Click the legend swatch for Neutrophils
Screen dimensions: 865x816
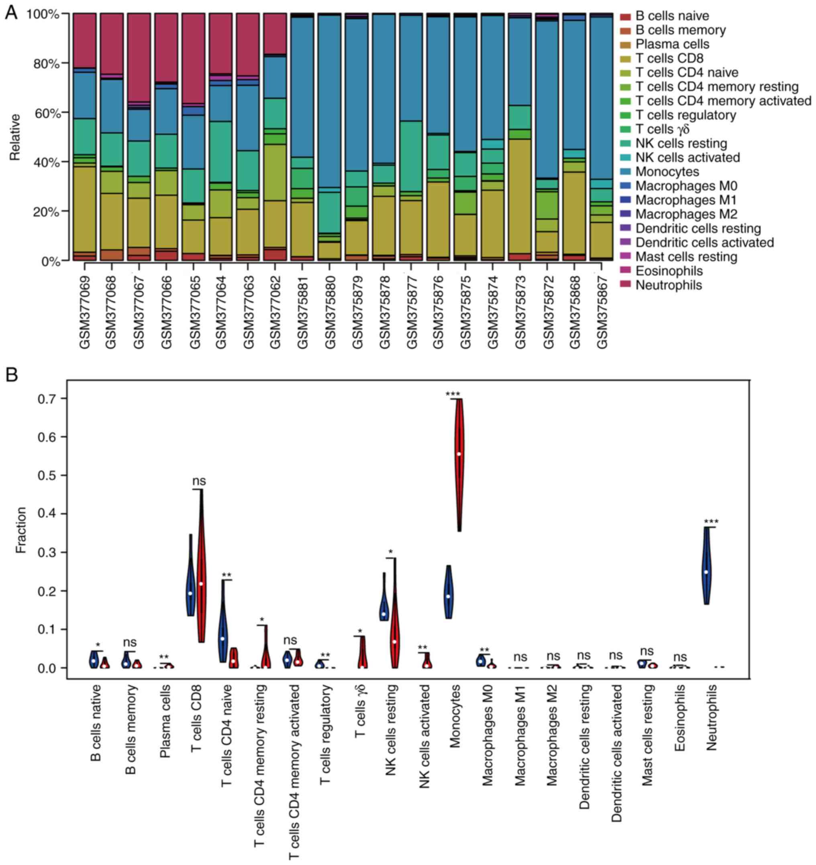point(625,285)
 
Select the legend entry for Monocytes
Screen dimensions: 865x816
point(667,172)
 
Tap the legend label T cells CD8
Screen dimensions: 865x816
point(669,58)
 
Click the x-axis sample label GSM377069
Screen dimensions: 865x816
point(84,312)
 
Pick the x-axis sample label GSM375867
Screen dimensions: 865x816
point(602,312)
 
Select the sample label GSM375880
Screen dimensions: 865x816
point(330,312)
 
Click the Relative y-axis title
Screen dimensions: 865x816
point(16,137)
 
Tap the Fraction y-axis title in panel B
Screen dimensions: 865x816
point(21,530)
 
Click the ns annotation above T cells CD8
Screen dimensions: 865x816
point(199,481)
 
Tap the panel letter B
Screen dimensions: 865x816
point(11,375)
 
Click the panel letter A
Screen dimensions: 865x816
point(11,13)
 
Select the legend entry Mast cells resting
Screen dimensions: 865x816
point(686,257)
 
